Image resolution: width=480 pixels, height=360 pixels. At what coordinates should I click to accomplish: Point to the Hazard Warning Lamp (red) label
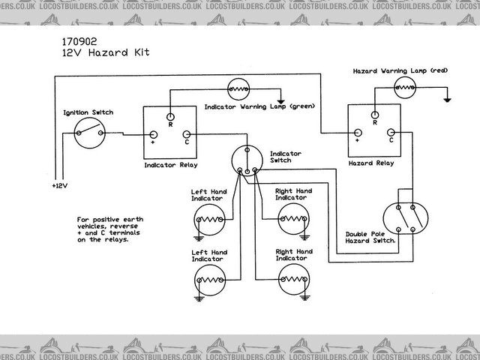(400, 70)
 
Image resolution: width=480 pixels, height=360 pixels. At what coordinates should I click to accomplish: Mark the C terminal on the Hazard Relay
(390, 138)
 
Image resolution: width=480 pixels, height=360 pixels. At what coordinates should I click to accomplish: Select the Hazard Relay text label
(372, 162)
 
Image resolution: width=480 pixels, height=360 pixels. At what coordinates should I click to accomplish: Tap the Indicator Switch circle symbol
(245, 158)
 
